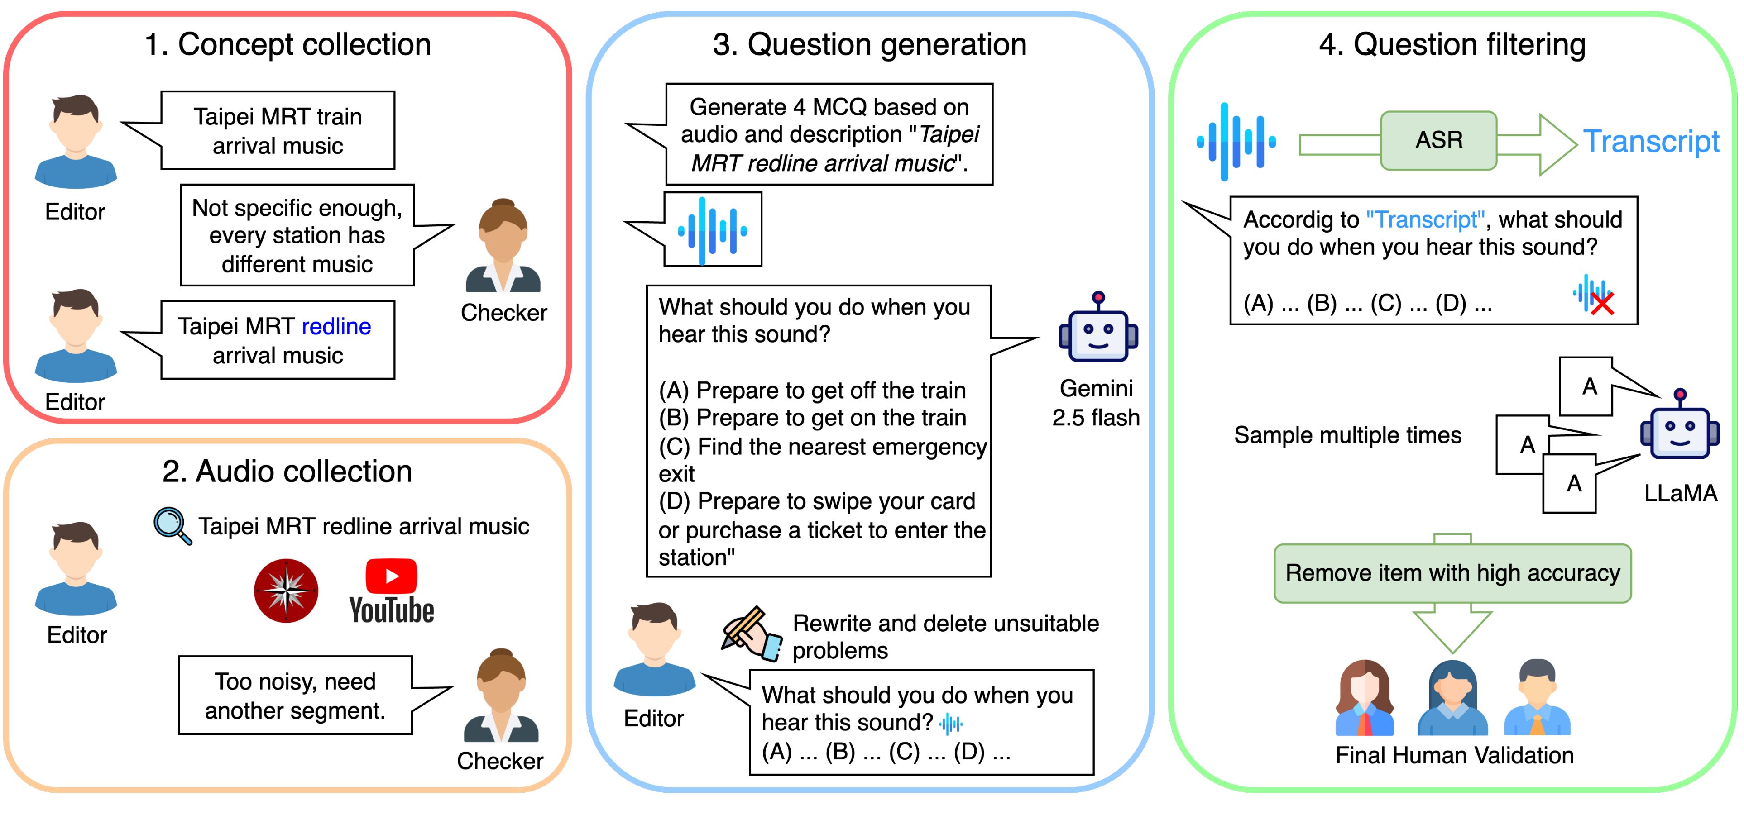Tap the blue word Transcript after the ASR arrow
tap(1651, 142)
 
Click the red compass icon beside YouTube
tap(286, 590)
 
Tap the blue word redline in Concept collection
tap(336, 326)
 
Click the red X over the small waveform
tap(1602, 303)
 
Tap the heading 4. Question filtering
tap(1452, 45)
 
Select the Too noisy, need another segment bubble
tap(295, 695)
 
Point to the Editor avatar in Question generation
tap(654, 650)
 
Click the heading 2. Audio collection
tap(287, 471)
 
